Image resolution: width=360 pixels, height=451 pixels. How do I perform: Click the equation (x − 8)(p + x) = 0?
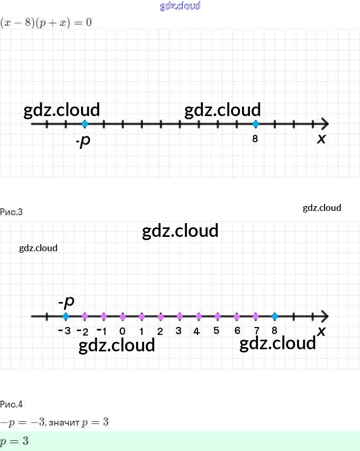click(x=46, y=23)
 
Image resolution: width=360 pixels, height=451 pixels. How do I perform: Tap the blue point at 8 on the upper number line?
click(x=256, y=124)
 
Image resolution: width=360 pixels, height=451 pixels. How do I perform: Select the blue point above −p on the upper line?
click(x=85, y=124)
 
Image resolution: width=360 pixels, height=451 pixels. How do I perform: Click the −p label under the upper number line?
click(x=82, y=142)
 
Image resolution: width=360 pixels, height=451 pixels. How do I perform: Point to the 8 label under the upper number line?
click(x=255, y=140)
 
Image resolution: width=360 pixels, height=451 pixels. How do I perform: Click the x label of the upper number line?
click(x=321, y=139)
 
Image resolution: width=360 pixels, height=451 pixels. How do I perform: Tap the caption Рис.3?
click(x=12, y=212)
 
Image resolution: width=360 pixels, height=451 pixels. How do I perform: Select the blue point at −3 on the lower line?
click(x=66, y=316)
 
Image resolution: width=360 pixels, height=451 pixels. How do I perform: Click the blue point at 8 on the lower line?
click(x=274, y=316)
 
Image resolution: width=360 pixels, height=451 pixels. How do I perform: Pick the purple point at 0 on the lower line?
click(x=123, y=316)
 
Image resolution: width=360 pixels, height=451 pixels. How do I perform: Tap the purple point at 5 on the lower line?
click(x=218, y=316)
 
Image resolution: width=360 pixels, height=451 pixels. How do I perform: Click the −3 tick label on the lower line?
click(x=64, y=331)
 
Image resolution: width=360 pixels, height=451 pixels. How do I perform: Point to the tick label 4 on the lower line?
click(x=196, y=332)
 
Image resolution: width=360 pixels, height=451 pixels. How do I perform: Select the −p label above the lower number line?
click(x=67, y=302)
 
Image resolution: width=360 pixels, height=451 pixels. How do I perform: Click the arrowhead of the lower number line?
click(x=324, y=316)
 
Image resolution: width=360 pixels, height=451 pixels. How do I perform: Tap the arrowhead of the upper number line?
click(x=324, y=124)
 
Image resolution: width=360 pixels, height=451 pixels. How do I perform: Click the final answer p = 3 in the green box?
click(x=15, y=441)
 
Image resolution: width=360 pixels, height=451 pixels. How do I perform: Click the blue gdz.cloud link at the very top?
click(x=180, y=6)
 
